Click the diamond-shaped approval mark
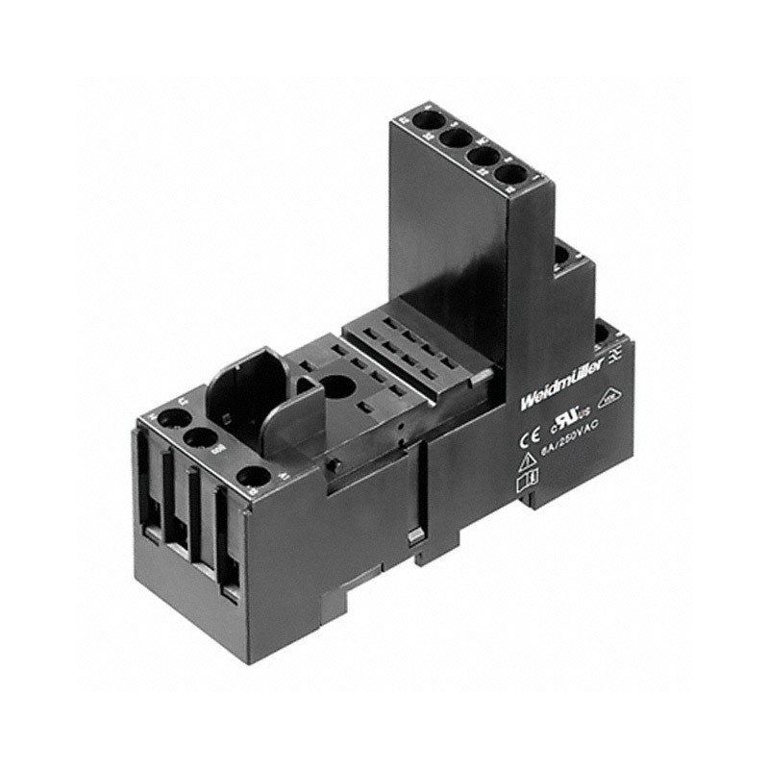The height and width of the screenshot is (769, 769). [x=608, y=396]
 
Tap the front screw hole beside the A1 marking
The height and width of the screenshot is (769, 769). [x=252, y=477]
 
